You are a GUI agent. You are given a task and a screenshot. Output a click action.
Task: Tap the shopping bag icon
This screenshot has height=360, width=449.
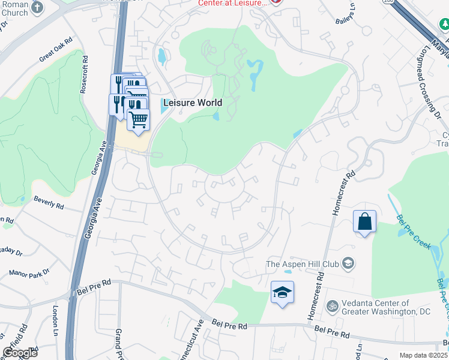[364, 221]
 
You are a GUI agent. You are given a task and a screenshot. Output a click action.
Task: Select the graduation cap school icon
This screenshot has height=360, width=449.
[282, 292]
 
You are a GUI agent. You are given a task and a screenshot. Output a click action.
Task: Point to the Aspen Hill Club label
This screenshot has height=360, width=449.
[302, 263]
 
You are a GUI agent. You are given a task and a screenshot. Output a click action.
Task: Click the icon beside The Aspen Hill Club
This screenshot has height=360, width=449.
[348, 263]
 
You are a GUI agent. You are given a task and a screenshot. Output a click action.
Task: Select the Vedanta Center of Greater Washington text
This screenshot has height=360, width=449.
[376, 307]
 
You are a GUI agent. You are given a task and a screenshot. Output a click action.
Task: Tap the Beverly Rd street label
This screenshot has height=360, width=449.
[49, 200]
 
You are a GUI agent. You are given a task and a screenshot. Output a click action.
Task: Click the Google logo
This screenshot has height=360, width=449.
[19, 352]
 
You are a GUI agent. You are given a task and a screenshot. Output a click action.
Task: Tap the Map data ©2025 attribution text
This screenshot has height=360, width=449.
[423, 355]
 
